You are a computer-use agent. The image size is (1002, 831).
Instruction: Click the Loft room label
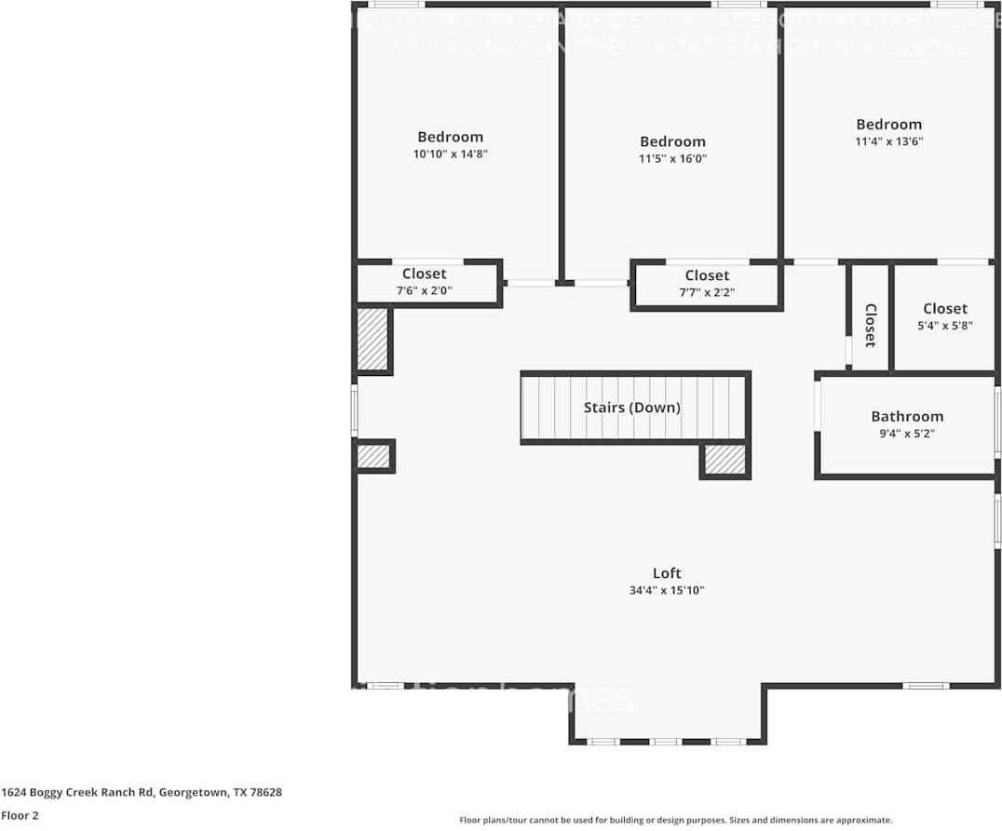tap(666, 573)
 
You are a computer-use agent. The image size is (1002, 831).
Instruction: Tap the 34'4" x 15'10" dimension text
tap(666, 590)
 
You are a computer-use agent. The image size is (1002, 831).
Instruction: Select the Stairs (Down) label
tap(631, 408)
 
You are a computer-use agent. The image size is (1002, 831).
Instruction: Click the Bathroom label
tap(906, 416)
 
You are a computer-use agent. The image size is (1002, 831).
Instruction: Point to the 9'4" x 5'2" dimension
tap(906, 434)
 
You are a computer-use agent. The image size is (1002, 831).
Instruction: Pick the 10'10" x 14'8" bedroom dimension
tap(450, 154)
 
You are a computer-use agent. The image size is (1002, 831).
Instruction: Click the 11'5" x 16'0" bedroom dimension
tap(672, 159)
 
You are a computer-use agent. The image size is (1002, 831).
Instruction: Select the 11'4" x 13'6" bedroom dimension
tap(888, 141)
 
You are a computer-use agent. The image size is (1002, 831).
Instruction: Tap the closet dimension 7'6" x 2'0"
tap(424, 290)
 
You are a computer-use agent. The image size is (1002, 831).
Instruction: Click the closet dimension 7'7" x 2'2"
tap(706, 292)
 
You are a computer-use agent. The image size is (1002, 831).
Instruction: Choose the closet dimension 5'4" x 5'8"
tap(944, 326)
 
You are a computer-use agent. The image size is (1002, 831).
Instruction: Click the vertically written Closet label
tap(871, 326)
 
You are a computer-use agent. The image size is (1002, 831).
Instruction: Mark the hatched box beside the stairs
tap(724, 460)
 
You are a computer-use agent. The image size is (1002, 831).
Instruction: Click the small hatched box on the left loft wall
tap(373, 456)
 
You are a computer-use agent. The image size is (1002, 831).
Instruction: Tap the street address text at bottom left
tap(142, 793)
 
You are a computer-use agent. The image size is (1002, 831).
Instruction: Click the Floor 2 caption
tap(20, 815)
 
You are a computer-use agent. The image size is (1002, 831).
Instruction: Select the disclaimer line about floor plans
tap(675, 820)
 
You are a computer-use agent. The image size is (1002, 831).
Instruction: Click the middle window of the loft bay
tap(665, 742)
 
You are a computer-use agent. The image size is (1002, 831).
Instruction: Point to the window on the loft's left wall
tap(354, 410)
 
